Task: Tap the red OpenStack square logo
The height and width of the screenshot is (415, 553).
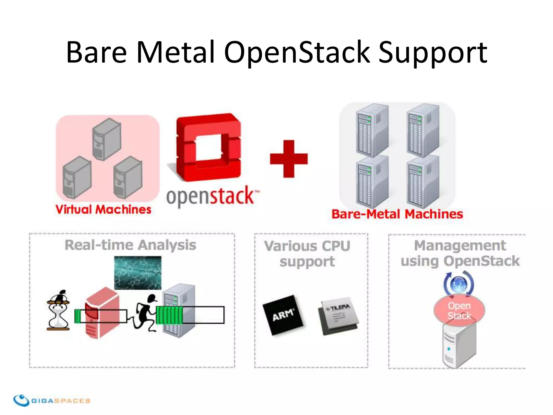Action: [208, 147]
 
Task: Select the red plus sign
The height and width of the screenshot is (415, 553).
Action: [289, 159]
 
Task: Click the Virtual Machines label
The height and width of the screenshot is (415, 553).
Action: [103, 210]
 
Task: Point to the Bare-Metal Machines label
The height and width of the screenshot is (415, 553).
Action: [397, 214]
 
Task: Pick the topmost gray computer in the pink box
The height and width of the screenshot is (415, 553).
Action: [106, 139]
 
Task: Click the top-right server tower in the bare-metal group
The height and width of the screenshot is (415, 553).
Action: [423, 130]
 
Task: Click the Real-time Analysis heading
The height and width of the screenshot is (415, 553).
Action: [130, 245]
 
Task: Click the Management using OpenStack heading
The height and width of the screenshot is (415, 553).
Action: [460, 253]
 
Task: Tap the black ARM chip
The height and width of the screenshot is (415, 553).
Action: [283, 315]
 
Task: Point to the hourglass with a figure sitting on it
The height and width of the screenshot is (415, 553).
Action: [58, 311]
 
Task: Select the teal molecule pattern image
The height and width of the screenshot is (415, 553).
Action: [138, 273]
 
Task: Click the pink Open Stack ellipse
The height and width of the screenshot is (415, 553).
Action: [459, 311]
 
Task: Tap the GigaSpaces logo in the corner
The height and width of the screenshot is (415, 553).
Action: [51, 400]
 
